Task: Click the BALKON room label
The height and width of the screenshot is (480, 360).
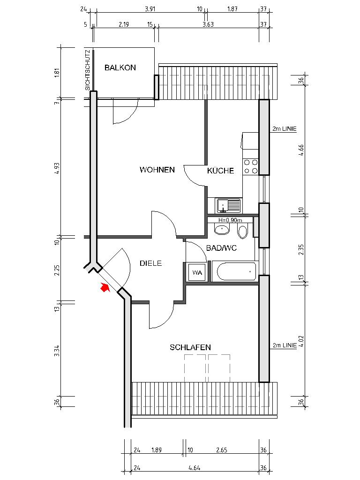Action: [120, 67]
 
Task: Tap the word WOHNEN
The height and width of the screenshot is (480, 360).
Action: [157, 170]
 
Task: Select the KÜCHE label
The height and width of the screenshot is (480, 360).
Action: [220, 171]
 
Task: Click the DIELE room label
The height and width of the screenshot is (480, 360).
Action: [150, 263]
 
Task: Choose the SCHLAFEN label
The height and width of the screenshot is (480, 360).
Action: [190, 347]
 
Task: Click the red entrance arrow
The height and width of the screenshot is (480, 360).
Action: [105, 288]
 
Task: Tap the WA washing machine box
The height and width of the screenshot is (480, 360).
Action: [196, 272]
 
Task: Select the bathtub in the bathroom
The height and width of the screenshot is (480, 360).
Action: [233, 271]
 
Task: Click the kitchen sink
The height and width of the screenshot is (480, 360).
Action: [228, 205]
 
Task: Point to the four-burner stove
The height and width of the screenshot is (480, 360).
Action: [251, 166]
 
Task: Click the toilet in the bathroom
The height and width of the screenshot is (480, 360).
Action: [242, 231]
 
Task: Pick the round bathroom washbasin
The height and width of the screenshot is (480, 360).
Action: [221, 230]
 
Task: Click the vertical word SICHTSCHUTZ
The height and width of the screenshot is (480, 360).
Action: [88, 70]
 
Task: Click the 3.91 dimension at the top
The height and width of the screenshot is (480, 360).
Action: [150, 9]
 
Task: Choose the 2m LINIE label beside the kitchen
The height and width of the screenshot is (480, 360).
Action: [284, 129]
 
